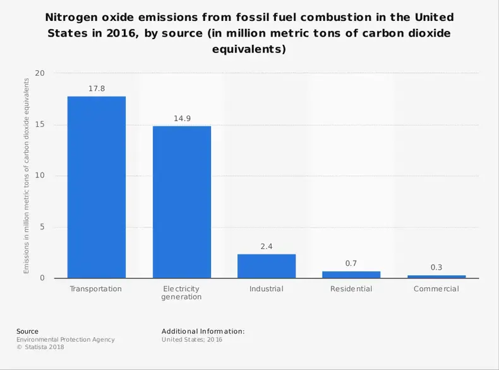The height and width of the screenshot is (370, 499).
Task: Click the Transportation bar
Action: (x=97, y=187)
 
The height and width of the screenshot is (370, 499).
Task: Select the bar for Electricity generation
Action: (x=182, y=202)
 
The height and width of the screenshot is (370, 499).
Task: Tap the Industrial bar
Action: (x=267, y=266)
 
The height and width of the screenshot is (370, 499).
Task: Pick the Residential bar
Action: (x=351, y=275)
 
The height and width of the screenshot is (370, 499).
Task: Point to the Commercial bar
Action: (x=436, y=277)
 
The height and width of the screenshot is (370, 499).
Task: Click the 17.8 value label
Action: (x=97, y=89)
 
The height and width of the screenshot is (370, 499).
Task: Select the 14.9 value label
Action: (x=182, y=119)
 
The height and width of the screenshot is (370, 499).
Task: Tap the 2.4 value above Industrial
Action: (x=267, y=247)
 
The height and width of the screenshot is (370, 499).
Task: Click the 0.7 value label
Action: (x=351, y=263)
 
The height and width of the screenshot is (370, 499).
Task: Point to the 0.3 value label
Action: (x=436, y=267)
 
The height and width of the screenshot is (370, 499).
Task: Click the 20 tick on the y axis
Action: (x=40, y=73)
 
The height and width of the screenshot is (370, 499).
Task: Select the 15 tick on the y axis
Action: (x=40, y=124)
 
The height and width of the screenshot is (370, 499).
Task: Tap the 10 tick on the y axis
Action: (x=40, y=176)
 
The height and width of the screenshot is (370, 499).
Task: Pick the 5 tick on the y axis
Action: (x=43, y=227)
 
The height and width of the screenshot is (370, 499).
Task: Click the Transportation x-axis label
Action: (x=97, y=289)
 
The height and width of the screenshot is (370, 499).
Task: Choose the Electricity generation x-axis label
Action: (x=182, y=293)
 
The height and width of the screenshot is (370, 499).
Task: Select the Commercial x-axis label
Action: (x=436, y=289)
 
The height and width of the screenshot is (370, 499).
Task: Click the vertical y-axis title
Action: (x=27, y=176)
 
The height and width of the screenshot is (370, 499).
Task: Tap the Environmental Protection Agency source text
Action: (x=66, y=340)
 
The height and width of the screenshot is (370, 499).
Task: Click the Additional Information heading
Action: (x=203, y=331)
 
